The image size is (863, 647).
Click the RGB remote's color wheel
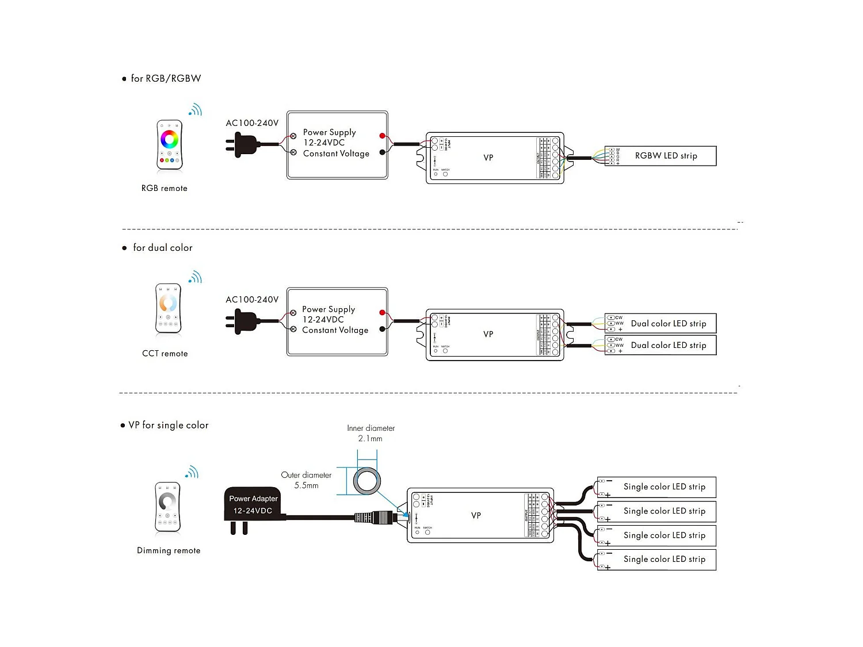pyautogui.click(x=169, y=139)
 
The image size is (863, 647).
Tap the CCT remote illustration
pyautogui.click(x=168, y=308)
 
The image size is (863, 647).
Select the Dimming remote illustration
pyautogui.click(x=167, y=507)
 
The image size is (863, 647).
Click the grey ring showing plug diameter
pyautogui.click(x=367, y=481)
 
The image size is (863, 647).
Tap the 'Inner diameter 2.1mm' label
pyautogui.click(x=371, y=433)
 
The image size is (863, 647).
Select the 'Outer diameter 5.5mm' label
pyautogui.click(x=306, y=480)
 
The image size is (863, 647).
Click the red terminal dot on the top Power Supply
pyautogui.click(x=382, y=136)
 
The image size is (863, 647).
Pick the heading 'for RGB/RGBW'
pyautogui.click(x=166, y=79)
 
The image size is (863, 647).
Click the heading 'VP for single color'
pyautogui.click(x=168, y=425)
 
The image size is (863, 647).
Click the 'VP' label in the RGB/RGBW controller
pyautogui.click(x=488, y=158)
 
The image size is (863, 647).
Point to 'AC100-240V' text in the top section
pyautogui.click(x=252, y=123)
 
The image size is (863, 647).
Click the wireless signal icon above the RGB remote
pyautogui.click(x=196, y=110)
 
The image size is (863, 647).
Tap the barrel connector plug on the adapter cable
pyautogui.click(x=374, y=517)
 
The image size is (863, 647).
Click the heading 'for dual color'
pyautogui.click(x=163, y=248)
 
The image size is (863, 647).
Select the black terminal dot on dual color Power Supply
pyautogui.click(x=382, y=330)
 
